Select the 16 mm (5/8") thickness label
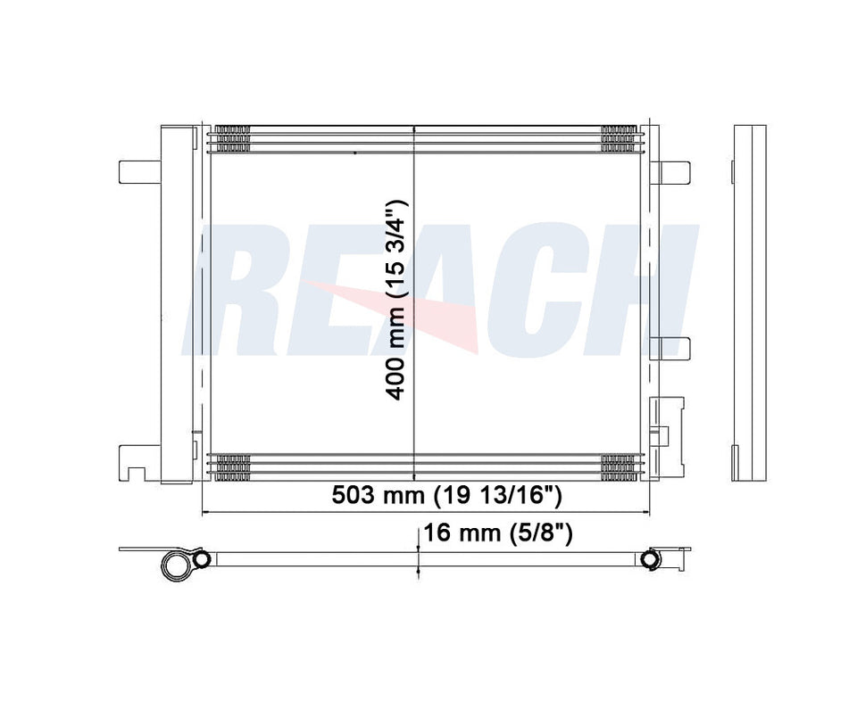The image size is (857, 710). click(x=496, y=534)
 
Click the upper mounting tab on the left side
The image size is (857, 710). click(x=137, y=170)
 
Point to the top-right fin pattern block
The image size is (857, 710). click(x=618, y=139)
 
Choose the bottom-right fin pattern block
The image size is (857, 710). click(x=618, y=467)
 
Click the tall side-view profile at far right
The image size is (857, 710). click(x=749, y=303)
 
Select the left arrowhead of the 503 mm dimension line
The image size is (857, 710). click(x=208, y=513)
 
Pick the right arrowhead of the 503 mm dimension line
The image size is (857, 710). click(x=645, y=513)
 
